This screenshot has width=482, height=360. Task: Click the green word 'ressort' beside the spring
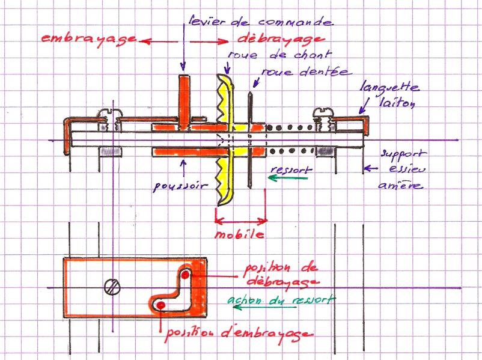[x=290, y=169]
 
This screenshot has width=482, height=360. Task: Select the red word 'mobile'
[x=240, y=234]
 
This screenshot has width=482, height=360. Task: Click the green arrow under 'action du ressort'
[x=264, y=308]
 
